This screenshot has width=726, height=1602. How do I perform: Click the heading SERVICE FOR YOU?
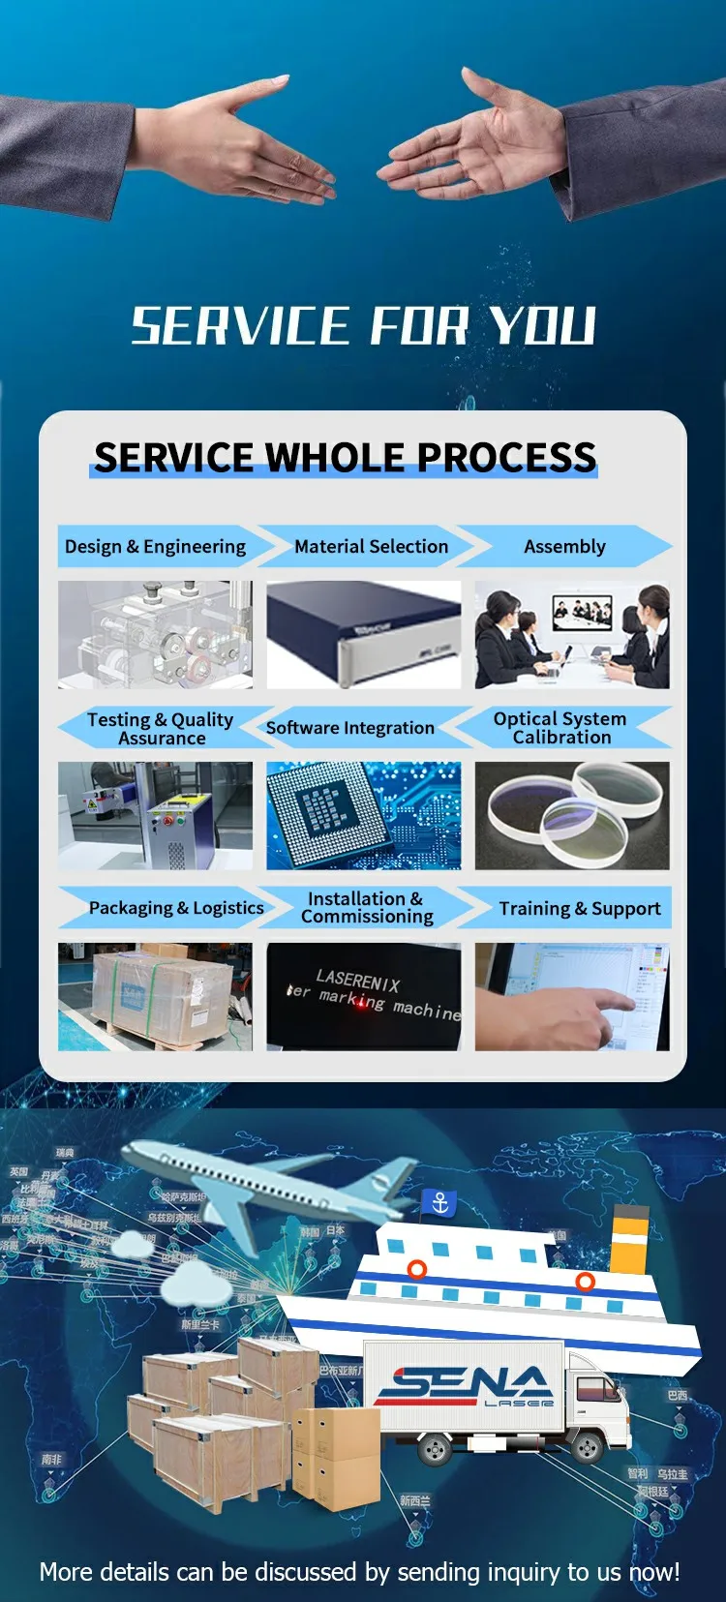tap(363, 326)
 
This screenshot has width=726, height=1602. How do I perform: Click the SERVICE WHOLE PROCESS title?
tap(345, 457)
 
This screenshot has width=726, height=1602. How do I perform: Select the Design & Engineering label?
tap(155, 547)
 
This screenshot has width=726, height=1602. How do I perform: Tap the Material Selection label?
tap(371, 547)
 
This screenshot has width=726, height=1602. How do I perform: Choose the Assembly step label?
tap(564, 547)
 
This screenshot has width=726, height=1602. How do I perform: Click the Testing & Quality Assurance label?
tap(160, 728)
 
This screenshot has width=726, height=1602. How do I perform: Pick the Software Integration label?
tap(349, 728)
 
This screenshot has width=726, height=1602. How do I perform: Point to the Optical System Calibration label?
tap(560, 728)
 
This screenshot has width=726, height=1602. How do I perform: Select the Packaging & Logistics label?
tap(176, 908)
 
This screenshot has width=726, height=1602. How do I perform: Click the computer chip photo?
tap(363, 815)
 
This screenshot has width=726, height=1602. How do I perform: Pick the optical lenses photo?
tap(571, 815)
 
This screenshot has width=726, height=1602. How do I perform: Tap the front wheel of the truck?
tap(587, 1446)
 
